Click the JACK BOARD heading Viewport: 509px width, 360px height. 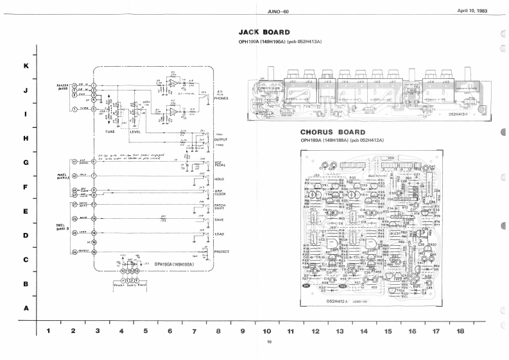click(x=264, y=31)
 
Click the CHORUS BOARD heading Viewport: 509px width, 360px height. click(x=332, y=133)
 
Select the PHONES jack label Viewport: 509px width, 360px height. click(x=223, y=98)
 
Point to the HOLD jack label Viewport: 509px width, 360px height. click(x=219, y=178)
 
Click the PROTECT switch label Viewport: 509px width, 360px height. click(x=221, y=252)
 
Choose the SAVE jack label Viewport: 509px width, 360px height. click(x=218, y=219)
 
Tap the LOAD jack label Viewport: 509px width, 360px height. click(x=219, y=234)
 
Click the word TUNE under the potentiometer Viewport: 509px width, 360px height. click(x=110, y=132)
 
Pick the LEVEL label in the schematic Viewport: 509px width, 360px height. click(x=135, y=132)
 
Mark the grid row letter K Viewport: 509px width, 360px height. click(x=26, y=66)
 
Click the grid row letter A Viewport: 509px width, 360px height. click(x=26, y=308)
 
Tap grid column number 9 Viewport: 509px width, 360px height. click(x=243, y=331)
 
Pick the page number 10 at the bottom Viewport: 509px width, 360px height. click(x=270, y=341)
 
